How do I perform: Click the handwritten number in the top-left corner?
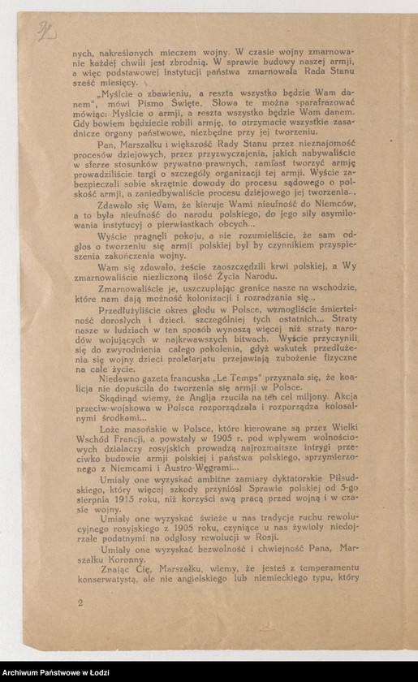[45, 31]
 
